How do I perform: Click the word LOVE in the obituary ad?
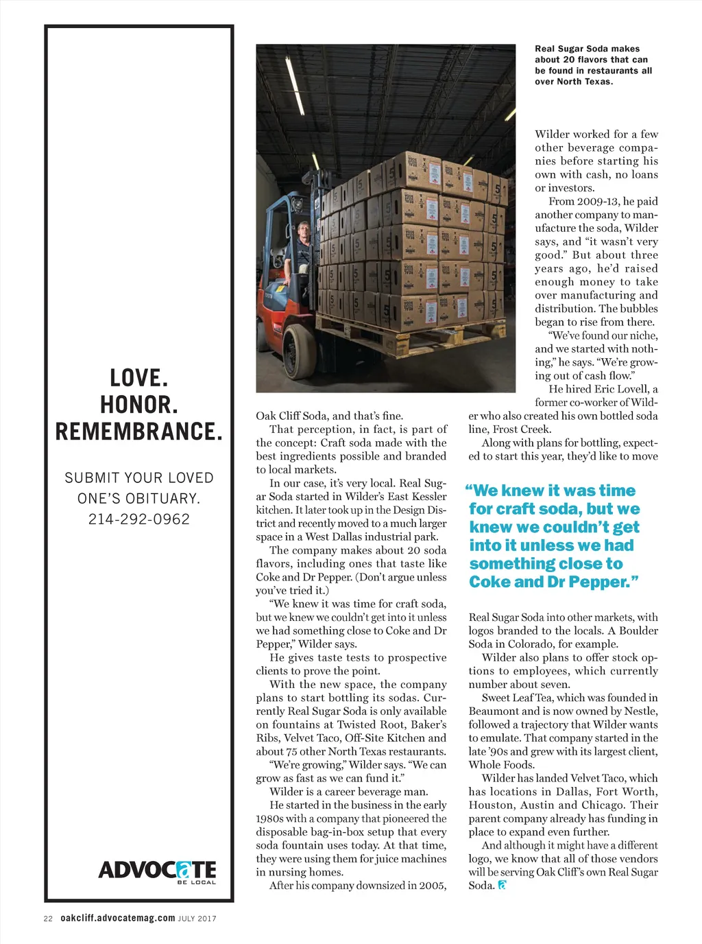coord(138,377)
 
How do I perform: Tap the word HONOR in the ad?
coord(138,405)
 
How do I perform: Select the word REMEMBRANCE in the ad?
coord(138,432)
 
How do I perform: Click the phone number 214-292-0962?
coord(138,519)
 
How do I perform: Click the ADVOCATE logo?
coord(157,871)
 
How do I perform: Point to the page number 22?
coord(48,919)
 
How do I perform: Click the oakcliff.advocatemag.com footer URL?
coord(117,918)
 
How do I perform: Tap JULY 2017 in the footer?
coord(197,919)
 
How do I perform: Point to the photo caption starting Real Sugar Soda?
coord(593,65)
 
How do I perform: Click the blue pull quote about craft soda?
coord(554,536)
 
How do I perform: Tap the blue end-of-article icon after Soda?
coord(502,885)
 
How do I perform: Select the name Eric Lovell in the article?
coord(620,389)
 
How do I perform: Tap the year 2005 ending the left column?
coord(432,886)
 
